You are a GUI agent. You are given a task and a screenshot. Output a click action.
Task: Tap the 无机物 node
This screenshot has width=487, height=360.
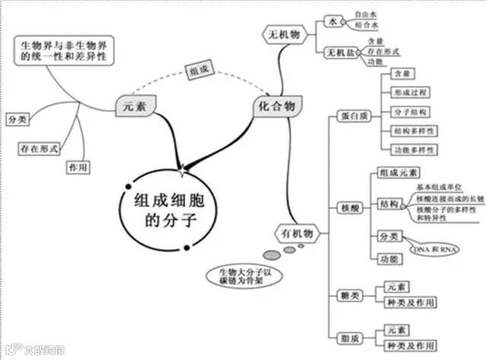point(285,34)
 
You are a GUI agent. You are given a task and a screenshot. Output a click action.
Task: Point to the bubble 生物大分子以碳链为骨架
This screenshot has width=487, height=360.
point(235,277)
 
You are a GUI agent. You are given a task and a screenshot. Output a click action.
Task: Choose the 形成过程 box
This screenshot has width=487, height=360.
point(412,93)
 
